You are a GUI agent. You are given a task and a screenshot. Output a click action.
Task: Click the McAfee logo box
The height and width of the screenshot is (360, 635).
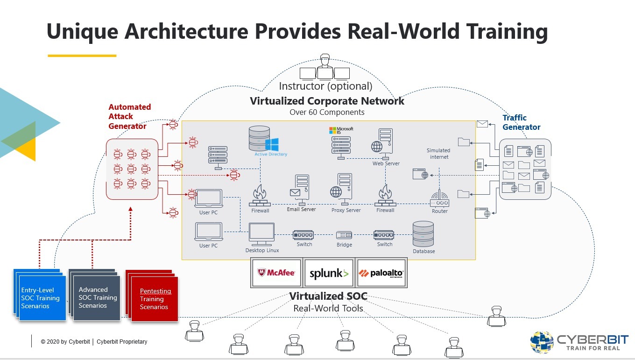tap(276, 273)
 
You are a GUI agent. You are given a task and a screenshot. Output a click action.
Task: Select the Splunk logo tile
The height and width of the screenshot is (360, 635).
tap(329, 273)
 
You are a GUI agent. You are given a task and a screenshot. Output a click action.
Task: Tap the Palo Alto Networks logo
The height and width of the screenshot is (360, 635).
tap(381, 273)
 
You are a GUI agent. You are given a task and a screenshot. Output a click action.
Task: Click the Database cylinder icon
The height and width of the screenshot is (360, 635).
tap(423, 234)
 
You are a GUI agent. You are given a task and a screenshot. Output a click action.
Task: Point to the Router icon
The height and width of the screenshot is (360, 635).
tap(439, 199)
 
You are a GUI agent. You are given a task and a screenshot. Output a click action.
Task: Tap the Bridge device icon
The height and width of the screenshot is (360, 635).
tap(344, 235)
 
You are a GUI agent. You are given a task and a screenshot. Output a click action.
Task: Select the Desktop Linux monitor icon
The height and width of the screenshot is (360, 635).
tap(261, 234)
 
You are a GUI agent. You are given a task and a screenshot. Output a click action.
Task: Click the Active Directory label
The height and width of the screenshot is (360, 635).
tap(271, 154)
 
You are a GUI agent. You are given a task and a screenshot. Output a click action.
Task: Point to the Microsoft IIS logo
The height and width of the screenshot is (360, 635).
tap(341, 131)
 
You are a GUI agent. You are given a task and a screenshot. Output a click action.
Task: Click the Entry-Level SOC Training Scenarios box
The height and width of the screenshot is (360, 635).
tap(41, 298)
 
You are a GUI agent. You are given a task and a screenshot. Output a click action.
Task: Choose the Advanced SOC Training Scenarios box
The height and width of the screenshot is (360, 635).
tap(97, 297)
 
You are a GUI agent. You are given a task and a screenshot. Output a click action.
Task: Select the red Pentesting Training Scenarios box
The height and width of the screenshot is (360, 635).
tap(155, 299)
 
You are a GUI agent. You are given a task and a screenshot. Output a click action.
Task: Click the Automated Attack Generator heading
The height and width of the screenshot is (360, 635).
tap(129, 116)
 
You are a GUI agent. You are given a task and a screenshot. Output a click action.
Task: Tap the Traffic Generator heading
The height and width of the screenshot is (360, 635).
tap(521, 122)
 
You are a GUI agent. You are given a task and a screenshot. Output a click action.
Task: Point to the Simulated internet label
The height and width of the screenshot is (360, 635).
tap(439, 154)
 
